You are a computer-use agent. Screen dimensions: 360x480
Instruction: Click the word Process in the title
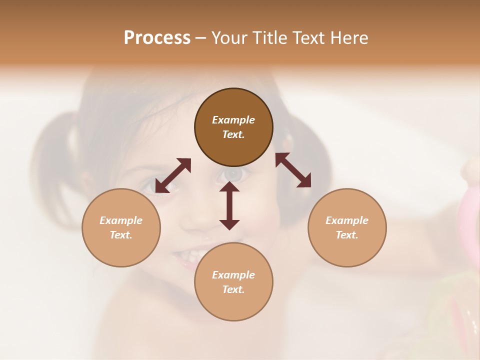[x=157, y=38]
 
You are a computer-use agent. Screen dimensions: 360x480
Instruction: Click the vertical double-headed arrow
[x=229, y=206]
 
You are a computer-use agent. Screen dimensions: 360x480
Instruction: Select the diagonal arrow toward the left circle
[x=173, y=175]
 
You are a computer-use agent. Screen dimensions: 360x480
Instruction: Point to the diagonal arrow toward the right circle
[x=293, y=170]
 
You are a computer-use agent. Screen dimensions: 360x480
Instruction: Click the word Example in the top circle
[x=233, y=120]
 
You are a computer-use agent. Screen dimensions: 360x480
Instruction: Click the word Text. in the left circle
[x=121, y=235]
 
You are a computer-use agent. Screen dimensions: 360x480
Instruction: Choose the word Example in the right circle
[x=347, y=220]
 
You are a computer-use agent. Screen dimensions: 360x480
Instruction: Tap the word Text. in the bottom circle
[x=233, y=289]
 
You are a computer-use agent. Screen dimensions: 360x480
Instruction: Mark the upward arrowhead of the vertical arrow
[x=229, y=186]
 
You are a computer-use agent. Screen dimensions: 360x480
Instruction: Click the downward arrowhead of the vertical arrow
[x=229, y=224]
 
